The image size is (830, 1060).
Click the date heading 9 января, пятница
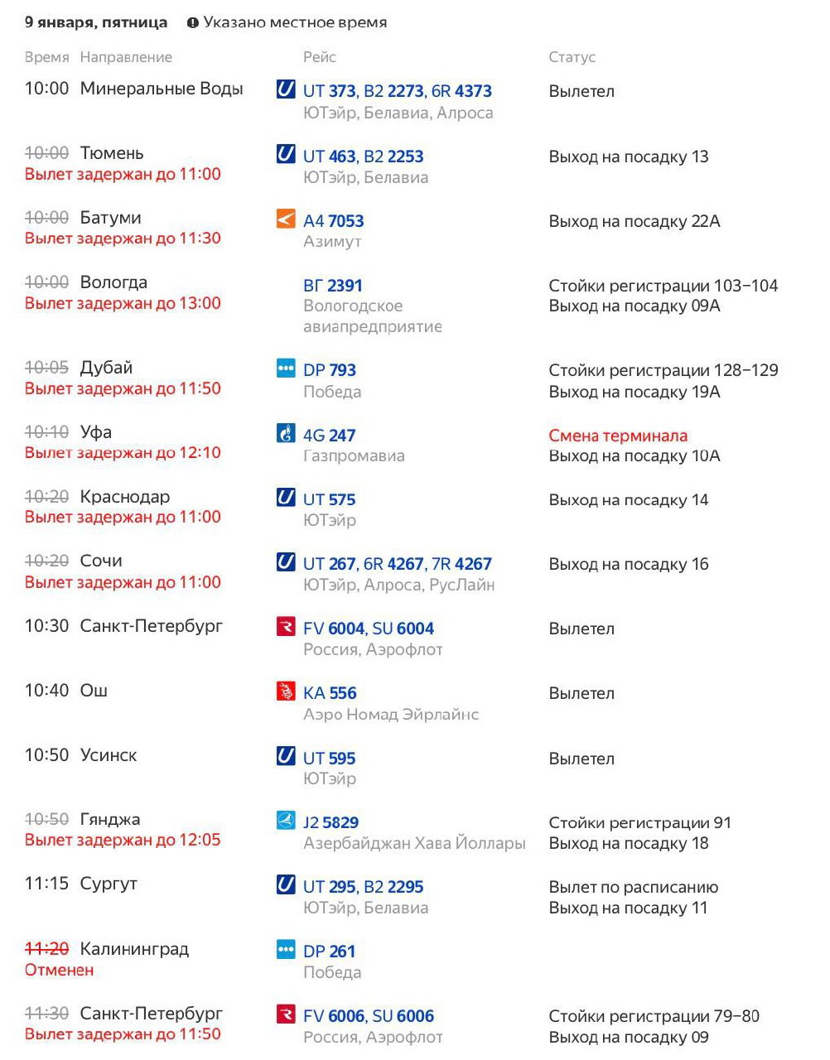(96, 23)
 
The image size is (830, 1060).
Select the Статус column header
(572, 57)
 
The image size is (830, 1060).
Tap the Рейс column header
(319, 57)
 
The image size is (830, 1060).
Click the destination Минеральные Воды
(162, 89)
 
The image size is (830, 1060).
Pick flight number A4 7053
(333, 221)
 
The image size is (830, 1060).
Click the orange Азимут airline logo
(286, 219)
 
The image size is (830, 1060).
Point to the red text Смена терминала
(618, 436)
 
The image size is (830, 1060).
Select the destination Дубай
(106, 368)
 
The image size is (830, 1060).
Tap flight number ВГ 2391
(333, 286)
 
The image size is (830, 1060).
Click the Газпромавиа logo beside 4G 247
(286, 433)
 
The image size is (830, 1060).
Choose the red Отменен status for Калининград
(59, 970)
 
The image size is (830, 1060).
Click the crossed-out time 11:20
(46, 949)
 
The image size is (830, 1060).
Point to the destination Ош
(94, 691)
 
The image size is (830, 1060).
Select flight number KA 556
(330, 693)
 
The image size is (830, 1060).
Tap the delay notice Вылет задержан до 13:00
(123, 303)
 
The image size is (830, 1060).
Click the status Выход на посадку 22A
(634, 221)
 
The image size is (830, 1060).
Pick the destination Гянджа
(110, 819)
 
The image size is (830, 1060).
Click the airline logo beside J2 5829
(286, 821)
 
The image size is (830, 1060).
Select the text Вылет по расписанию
(633, 887)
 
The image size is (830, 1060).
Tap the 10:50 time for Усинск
(46, 755)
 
